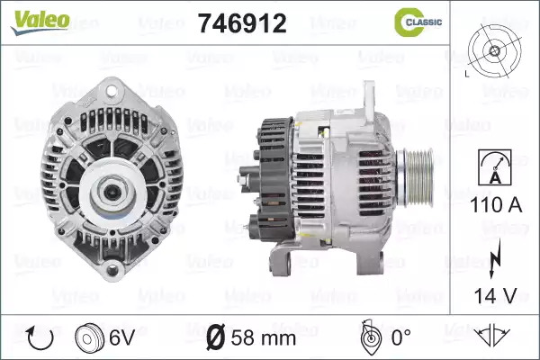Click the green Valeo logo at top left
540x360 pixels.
click(x=40, y=22)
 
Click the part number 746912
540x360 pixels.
click(x=242, y=23)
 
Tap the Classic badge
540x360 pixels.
click(x=418, y=22)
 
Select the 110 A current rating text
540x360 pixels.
click(x=496, y=205)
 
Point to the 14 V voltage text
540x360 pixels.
click(x=496, y=295)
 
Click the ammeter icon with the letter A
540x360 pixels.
click(x=495, y=167)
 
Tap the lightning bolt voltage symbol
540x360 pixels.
click(x=495, y=258)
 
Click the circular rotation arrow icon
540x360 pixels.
click(x=40, y=338)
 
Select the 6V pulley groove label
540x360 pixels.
click(x=121, y=337)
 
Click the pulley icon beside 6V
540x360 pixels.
click(x=89, y=338)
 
